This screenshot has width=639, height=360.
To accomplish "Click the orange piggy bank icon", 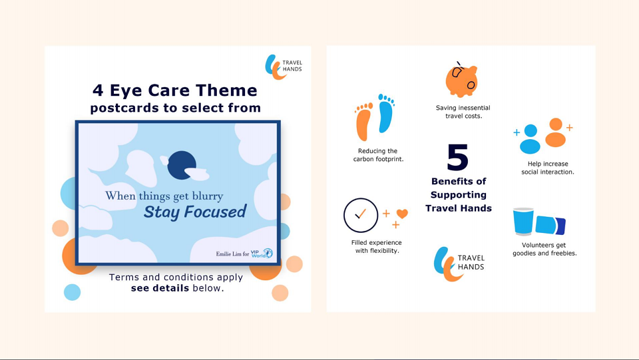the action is coord(461,81).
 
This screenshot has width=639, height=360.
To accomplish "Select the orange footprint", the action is coord(363,121).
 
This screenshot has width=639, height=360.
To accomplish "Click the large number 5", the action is coord(457,157).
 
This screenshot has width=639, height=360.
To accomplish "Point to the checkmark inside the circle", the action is coord(360,214).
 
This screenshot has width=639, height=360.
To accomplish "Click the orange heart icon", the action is coord(402,214).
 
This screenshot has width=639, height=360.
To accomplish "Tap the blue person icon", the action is coord(531,139).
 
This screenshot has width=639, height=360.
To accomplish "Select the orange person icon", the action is coord(555,132).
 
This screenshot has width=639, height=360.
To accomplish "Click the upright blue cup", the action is coord(523,222).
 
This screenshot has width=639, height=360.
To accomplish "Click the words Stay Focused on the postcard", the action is coord(195,212).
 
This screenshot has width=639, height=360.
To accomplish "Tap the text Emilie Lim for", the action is coord(232,254).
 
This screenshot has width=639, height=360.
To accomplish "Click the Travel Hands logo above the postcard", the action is coord(284,67).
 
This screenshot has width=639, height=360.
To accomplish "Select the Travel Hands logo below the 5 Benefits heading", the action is coord(459,264).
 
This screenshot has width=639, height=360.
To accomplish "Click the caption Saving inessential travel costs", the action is coord(463,112).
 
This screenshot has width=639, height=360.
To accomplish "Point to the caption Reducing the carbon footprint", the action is coord(378,155).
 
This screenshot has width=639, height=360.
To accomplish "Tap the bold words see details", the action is coord(160,288).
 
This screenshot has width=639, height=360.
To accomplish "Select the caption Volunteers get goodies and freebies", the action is coord(544,249).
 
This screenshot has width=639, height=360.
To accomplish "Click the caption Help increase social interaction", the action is coord(548,168).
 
